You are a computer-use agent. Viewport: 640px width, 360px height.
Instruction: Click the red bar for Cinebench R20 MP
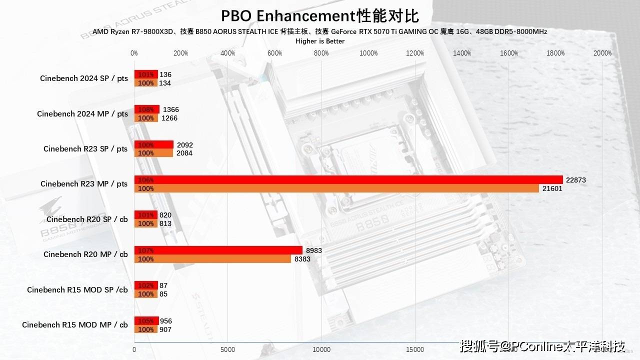pos(218,250)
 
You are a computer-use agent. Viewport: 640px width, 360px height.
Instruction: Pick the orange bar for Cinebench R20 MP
pos(212,259)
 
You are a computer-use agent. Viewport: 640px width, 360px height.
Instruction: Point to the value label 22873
pos(575,180)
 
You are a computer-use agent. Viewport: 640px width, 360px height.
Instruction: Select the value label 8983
pos(313,250)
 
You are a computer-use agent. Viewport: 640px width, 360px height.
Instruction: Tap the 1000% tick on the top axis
pos(368,53)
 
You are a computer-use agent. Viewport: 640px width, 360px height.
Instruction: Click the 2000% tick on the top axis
pos(602,53)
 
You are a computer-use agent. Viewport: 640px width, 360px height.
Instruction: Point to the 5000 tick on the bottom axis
pos(227,350)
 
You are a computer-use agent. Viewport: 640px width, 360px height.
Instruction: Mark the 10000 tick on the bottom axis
pos(321,350)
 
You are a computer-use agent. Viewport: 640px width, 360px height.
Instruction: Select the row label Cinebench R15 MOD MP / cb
pos(75,325)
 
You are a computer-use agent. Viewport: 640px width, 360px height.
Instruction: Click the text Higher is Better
pos(320,41)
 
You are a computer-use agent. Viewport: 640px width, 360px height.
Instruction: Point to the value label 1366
pos(171,109)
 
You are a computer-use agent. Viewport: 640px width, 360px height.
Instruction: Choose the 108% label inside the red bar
pos(146,109)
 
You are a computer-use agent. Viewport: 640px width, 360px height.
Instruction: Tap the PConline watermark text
pos(543,346)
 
